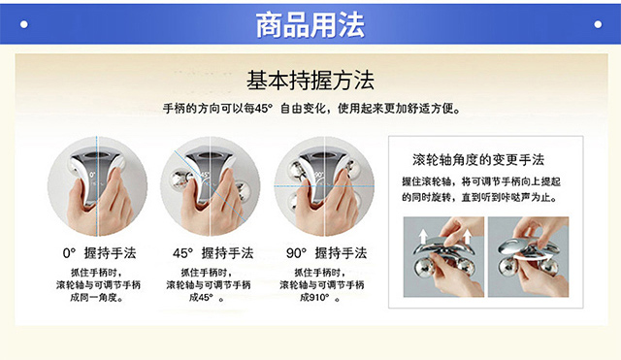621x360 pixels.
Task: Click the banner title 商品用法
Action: click(x=310, y=24)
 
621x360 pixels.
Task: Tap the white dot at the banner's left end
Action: click(x=24, y=24)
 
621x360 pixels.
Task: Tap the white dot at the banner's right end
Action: click(x=598, y=24)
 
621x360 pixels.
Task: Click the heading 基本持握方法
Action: click(x=310, y=81)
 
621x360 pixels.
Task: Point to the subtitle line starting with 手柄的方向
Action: click(x=312, y=108)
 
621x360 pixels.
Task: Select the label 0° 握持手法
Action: click(x=99, y=253)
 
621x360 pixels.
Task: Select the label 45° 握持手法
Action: click(x=212, y=253)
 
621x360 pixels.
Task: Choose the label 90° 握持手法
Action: click(x=326, y=253)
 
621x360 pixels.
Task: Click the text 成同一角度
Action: click(x=97, y=298)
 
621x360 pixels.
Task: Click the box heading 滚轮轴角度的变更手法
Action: click(x=478, y=160)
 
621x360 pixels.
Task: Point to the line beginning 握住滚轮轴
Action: click(x=481, y=181)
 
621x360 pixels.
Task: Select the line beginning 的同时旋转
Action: click(x=479, y=197)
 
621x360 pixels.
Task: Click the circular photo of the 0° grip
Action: click(x=97, y=186)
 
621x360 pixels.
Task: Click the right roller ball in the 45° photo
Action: click(x=242, y=192)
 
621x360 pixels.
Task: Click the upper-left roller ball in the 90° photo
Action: click(x=298, y=170)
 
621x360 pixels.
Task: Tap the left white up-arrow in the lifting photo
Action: click(x=423, y=237)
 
